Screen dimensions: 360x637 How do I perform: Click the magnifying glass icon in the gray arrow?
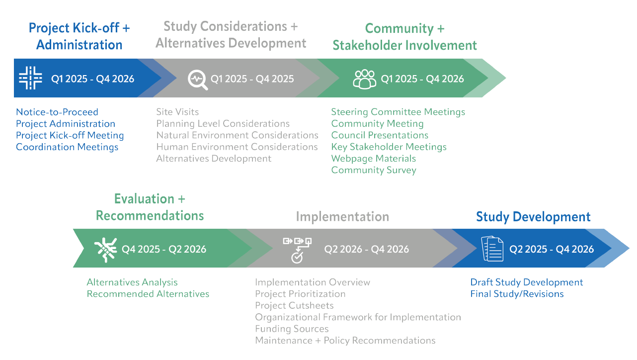[198, 79]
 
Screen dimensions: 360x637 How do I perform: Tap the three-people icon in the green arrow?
[365, 79]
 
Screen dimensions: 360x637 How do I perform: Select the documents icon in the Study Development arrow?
[492, 249]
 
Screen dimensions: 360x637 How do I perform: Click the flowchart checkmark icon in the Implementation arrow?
[297, 249]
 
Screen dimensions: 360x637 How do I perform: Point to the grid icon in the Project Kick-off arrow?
[31, 78]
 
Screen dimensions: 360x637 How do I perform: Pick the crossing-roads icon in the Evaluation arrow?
[105, 249]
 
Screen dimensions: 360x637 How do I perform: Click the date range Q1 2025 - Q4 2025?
[252, 79]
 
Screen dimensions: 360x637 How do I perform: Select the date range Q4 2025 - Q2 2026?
[164, 249]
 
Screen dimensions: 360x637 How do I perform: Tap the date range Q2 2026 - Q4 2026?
[367, 249]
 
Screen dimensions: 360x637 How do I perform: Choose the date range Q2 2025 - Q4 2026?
[552, 249]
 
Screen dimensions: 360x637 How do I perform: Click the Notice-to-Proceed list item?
[57, 112]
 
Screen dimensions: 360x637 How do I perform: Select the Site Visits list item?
[177, 112]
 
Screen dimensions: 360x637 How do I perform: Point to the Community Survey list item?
[374, 170]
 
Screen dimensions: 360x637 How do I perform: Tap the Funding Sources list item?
[292, 329]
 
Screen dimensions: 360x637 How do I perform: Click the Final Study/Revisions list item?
[517, 294]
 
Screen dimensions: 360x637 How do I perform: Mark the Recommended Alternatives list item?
[148, 294]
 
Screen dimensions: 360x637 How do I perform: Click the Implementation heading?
[342, 217]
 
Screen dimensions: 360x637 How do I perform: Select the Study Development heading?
[533, 217]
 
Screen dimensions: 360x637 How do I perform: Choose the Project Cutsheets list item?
[294, 305]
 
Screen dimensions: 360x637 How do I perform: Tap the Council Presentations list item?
[380, 135]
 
